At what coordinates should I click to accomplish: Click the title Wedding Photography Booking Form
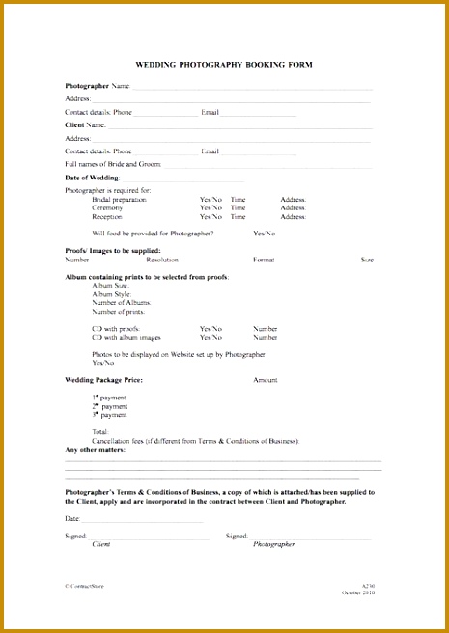click(x=223, y=65)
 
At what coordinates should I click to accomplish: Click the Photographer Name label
click(x=97, y=86)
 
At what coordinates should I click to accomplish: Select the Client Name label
click(x=85, y=125)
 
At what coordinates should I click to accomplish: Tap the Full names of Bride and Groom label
click(x=113, y=164)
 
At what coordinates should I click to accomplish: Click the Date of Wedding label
click(x=92, y=179)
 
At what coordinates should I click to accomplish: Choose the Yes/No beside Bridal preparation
click(x=210, y=200)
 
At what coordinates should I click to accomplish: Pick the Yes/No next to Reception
click(x=210, y=217)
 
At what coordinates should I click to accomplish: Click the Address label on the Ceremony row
click(x=293, y=208)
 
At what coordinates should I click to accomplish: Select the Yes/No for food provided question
click(x=264, y=234)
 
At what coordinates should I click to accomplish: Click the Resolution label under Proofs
click(x=161, y=260)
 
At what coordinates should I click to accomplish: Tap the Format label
click(x=264, y=260)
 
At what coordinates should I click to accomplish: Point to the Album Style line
click(x=110, y=294)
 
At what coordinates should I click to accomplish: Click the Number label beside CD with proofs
click(x=265, y=329)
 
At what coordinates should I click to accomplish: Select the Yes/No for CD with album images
click(x=210, y=338)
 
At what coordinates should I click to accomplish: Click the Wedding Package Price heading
click(x=103, y=380)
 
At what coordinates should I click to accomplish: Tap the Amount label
click(x=265, y=380)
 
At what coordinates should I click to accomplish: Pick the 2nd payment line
click(x=109, y=406)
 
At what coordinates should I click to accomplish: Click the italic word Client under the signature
click(x=100, y=544)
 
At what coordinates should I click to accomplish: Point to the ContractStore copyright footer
click(x=84, y=587)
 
